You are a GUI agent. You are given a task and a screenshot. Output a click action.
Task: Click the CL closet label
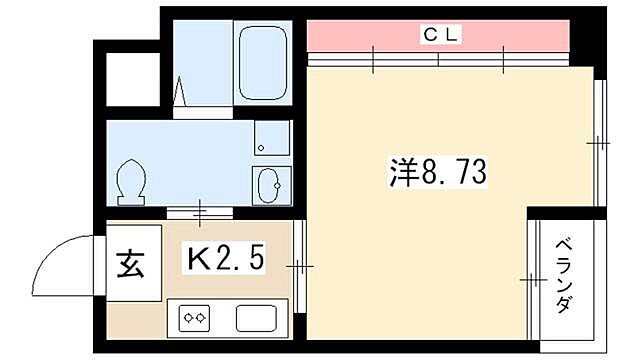439,35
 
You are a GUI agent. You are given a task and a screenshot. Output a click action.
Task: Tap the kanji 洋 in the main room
402,176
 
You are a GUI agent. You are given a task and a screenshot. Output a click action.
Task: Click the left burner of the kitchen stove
187,319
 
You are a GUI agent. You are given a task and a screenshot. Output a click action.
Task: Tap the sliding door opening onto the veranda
530,281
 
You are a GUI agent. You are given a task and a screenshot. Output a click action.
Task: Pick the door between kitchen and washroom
200,212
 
